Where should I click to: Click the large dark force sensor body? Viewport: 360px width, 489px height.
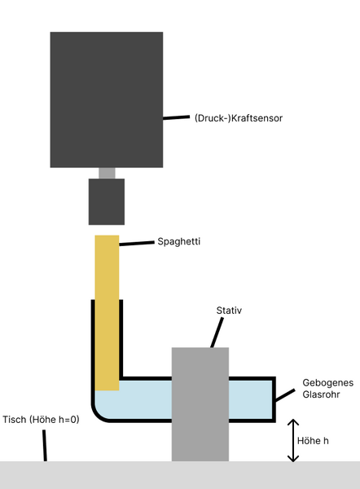[107, 99]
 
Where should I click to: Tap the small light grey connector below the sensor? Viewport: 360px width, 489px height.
[107, 173]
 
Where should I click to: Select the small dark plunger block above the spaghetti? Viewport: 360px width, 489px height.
[107, 201]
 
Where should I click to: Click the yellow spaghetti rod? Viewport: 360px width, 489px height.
[107, 310]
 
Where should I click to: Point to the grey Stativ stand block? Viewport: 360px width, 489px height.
[200, 403]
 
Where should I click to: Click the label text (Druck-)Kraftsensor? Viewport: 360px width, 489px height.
[238, 118]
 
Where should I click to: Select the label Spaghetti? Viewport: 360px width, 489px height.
[178, 242]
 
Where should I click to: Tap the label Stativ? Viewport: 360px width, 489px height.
[230, 311]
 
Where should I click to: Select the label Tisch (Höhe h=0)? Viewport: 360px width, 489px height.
[41, 420]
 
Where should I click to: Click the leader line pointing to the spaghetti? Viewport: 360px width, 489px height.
[136, 242]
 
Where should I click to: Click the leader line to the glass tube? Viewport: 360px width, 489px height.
[285, 395]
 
